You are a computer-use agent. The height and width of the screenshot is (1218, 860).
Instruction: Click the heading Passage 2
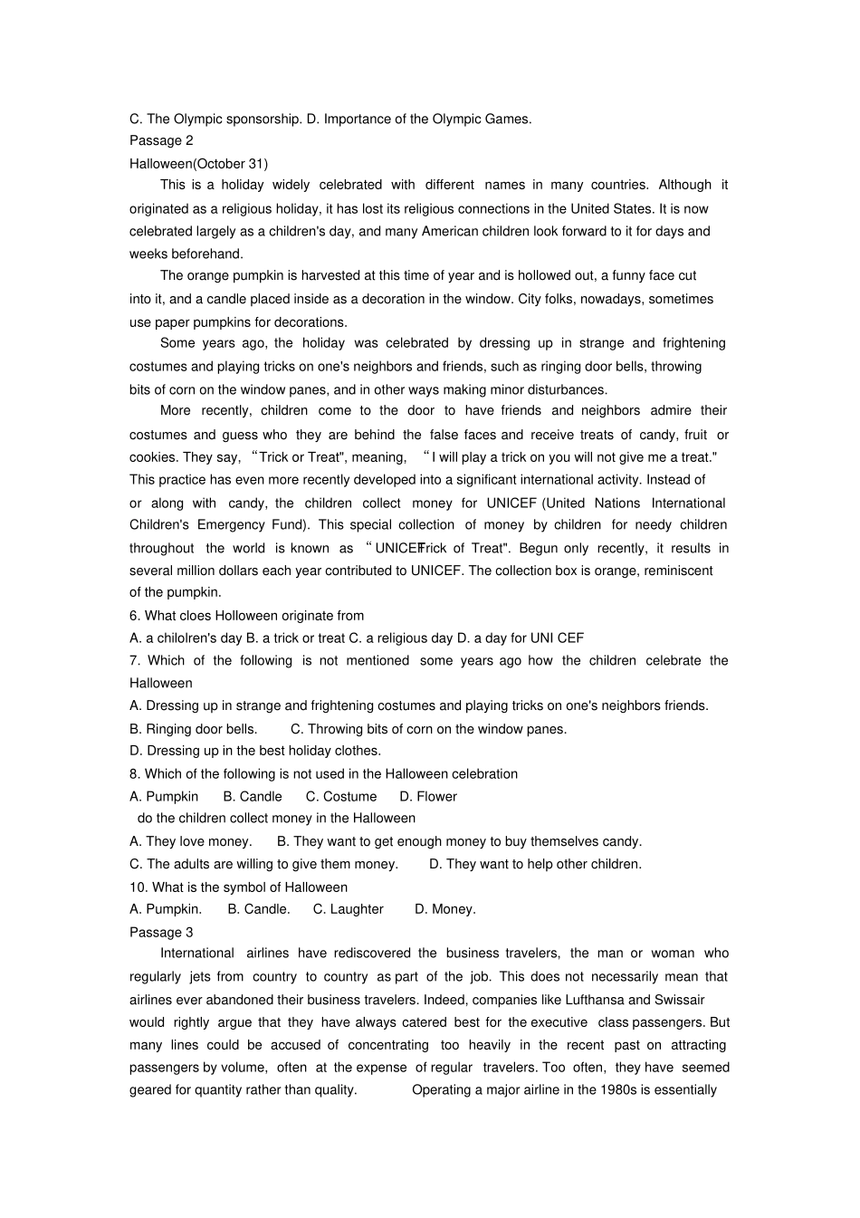(161, 140)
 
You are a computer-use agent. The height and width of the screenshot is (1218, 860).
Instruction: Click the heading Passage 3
(161, 932)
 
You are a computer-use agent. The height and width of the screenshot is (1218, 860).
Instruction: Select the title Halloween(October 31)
(198, 164)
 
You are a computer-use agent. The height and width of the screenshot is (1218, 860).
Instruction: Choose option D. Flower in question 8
(428, 797)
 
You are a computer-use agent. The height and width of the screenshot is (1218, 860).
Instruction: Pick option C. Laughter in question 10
(349, 909)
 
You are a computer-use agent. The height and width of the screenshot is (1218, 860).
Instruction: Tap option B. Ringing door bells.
(194, 729)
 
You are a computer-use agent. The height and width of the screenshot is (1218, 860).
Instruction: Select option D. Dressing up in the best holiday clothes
(255, 751)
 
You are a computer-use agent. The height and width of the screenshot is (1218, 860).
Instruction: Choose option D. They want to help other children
(535, 864)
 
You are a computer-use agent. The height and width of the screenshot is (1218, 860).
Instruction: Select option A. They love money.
(191, 841)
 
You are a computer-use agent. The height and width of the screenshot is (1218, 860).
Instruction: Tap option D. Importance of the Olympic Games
(419, 119)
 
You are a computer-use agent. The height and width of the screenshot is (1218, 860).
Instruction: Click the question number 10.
(138, 887)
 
